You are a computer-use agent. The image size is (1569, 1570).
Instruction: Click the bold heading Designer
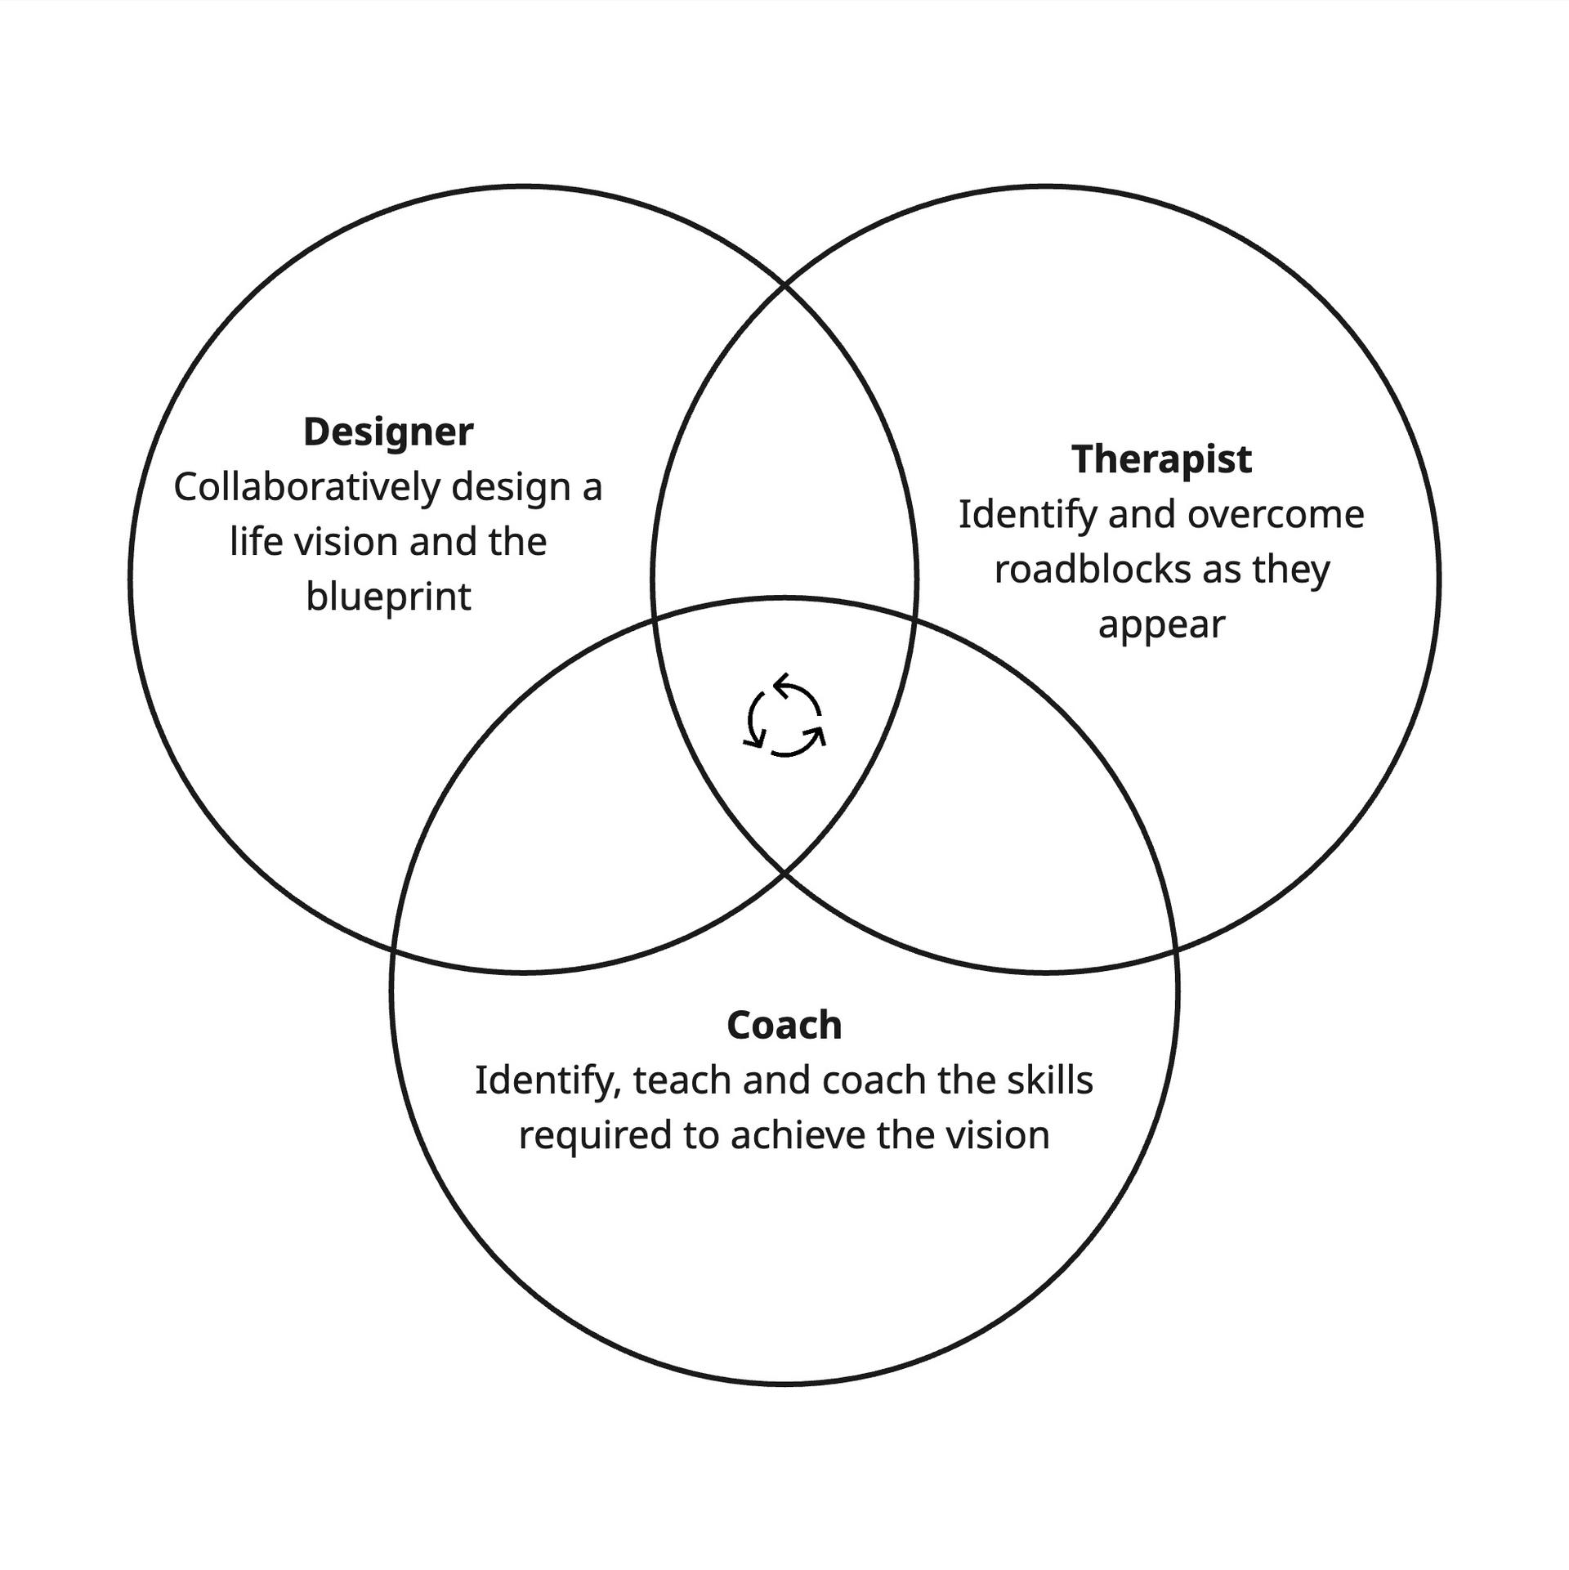[388, 432]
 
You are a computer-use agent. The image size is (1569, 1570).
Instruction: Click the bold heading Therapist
[1161, 459]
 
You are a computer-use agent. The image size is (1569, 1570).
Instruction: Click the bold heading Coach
[784, 1026]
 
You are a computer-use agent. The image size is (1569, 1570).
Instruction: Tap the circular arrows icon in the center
[784, 715]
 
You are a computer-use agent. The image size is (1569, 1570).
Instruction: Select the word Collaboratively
[307, 488]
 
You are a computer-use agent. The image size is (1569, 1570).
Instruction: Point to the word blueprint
[388, 597]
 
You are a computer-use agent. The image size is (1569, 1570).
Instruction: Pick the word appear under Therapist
[1161, 625]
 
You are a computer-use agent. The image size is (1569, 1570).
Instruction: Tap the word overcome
[1276, 515]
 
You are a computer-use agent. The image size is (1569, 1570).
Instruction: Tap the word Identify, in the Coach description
[548, 1081]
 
